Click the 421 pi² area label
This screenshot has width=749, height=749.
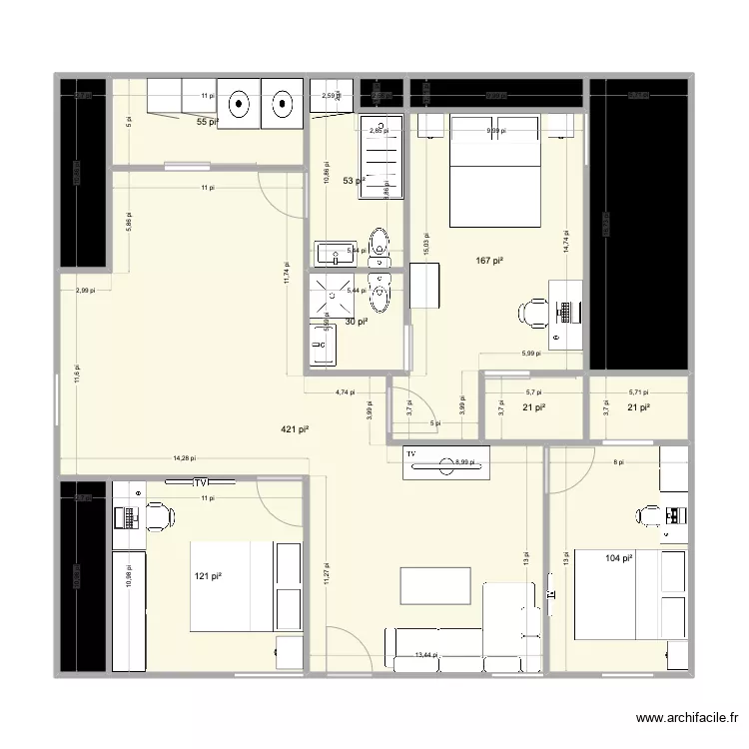click(x=294, y=430)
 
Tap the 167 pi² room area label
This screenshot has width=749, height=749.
click(x=489, y=262)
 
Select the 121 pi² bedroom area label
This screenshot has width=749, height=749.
click(x=210, y=577)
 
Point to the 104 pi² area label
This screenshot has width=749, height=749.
click(x=618, y=559)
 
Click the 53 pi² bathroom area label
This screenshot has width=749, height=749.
click(x=354, y=182)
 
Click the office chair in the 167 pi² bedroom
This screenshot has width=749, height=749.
click(x=529, y=314)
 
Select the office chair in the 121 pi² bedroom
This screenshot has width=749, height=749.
click(x=160, y=516)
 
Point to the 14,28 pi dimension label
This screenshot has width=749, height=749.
click(x=185, y=459)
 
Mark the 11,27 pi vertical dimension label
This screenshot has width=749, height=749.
click(x=326, y=573)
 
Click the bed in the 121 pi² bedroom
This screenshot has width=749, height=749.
click(x=232, y=586)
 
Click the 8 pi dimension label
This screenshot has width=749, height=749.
click(x=617, y=462)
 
